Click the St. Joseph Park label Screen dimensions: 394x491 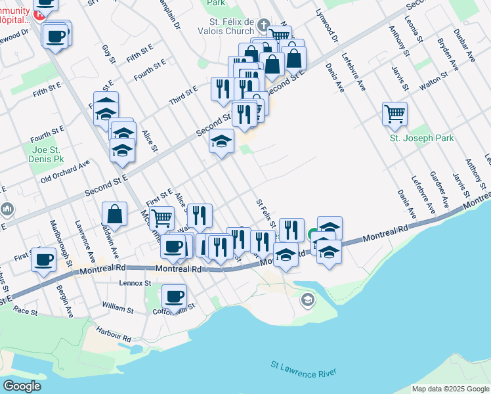click(421, 139)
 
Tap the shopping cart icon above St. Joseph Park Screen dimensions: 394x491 click(395, 114)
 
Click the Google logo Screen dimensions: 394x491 click(22, 386)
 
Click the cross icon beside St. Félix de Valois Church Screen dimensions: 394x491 click(263, 26)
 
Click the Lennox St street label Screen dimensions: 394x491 click(135, 283)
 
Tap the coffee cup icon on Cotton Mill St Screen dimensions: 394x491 click(174, 296)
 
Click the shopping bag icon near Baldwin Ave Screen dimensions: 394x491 click(115, 214)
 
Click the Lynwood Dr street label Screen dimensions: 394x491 click(326, 28)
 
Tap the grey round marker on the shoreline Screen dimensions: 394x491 click(307, 300)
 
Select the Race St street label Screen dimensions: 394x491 click(26, 311)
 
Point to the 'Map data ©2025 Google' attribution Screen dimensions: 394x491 click(450, 389)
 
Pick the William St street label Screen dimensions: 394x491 click(119, 307)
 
